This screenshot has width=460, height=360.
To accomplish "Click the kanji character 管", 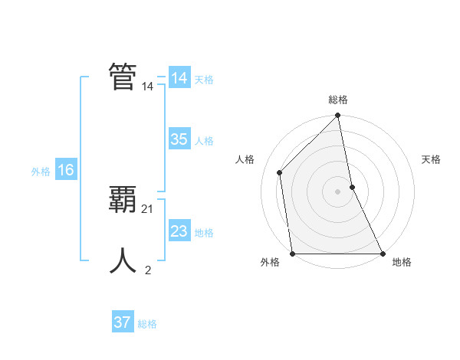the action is [x=123, y=77].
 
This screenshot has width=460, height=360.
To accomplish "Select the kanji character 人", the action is [x=123, y=260].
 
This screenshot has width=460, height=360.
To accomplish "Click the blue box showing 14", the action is [x=179, y=78].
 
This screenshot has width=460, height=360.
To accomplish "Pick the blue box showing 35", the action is [x=179, y=139].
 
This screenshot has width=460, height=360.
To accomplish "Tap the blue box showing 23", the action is [x=179, y=231].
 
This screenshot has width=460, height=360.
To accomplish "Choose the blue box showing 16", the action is [x=65, y=171].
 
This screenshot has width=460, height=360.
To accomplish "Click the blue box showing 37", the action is [x=123, y=322].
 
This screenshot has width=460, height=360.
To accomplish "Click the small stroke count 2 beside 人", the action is [x=148, y=270].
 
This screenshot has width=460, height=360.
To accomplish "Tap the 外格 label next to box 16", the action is [x=41, y=172].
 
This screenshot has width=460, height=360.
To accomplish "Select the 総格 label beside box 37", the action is [x=147, y=324].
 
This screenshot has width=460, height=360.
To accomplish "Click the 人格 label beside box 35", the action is [x=204, y=141].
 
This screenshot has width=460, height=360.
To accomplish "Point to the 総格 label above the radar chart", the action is [x=338, y=100].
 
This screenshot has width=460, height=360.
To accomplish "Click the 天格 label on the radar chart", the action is [x=432, y=159].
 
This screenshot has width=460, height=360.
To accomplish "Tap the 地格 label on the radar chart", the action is [x=402, y=262].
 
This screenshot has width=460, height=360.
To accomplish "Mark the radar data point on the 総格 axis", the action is [x=338, y=116].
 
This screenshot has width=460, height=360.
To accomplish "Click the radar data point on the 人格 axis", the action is [x=280, y=172].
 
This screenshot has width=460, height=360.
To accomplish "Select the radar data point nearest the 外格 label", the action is [x=293, y=254].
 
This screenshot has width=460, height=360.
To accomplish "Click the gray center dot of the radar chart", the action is [x=338, y=191].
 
